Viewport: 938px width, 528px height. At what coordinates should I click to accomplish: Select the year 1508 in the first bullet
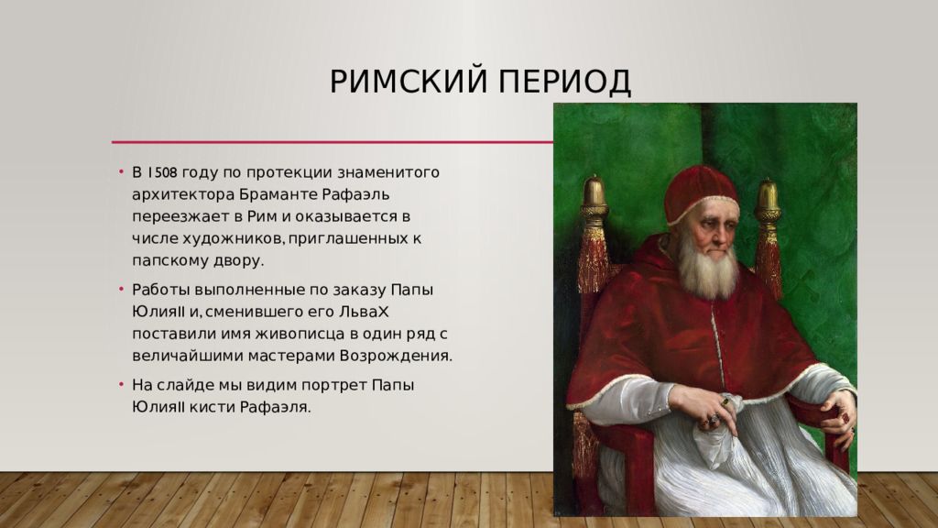(162, 172)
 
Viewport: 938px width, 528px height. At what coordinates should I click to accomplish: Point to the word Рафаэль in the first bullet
(356, 195)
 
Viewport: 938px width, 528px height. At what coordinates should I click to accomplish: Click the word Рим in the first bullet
(261, 216)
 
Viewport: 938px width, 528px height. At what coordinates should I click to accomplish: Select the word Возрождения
(396, 357)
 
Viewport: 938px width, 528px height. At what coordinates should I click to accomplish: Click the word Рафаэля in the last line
(275, 408)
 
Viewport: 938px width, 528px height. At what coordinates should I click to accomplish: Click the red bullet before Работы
(121, 290)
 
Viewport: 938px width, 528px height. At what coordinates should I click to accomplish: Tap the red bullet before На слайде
(121, 385)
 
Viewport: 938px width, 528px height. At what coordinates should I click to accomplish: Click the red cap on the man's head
(701, 192)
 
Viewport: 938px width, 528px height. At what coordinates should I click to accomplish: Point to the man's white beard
(708, 269)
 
